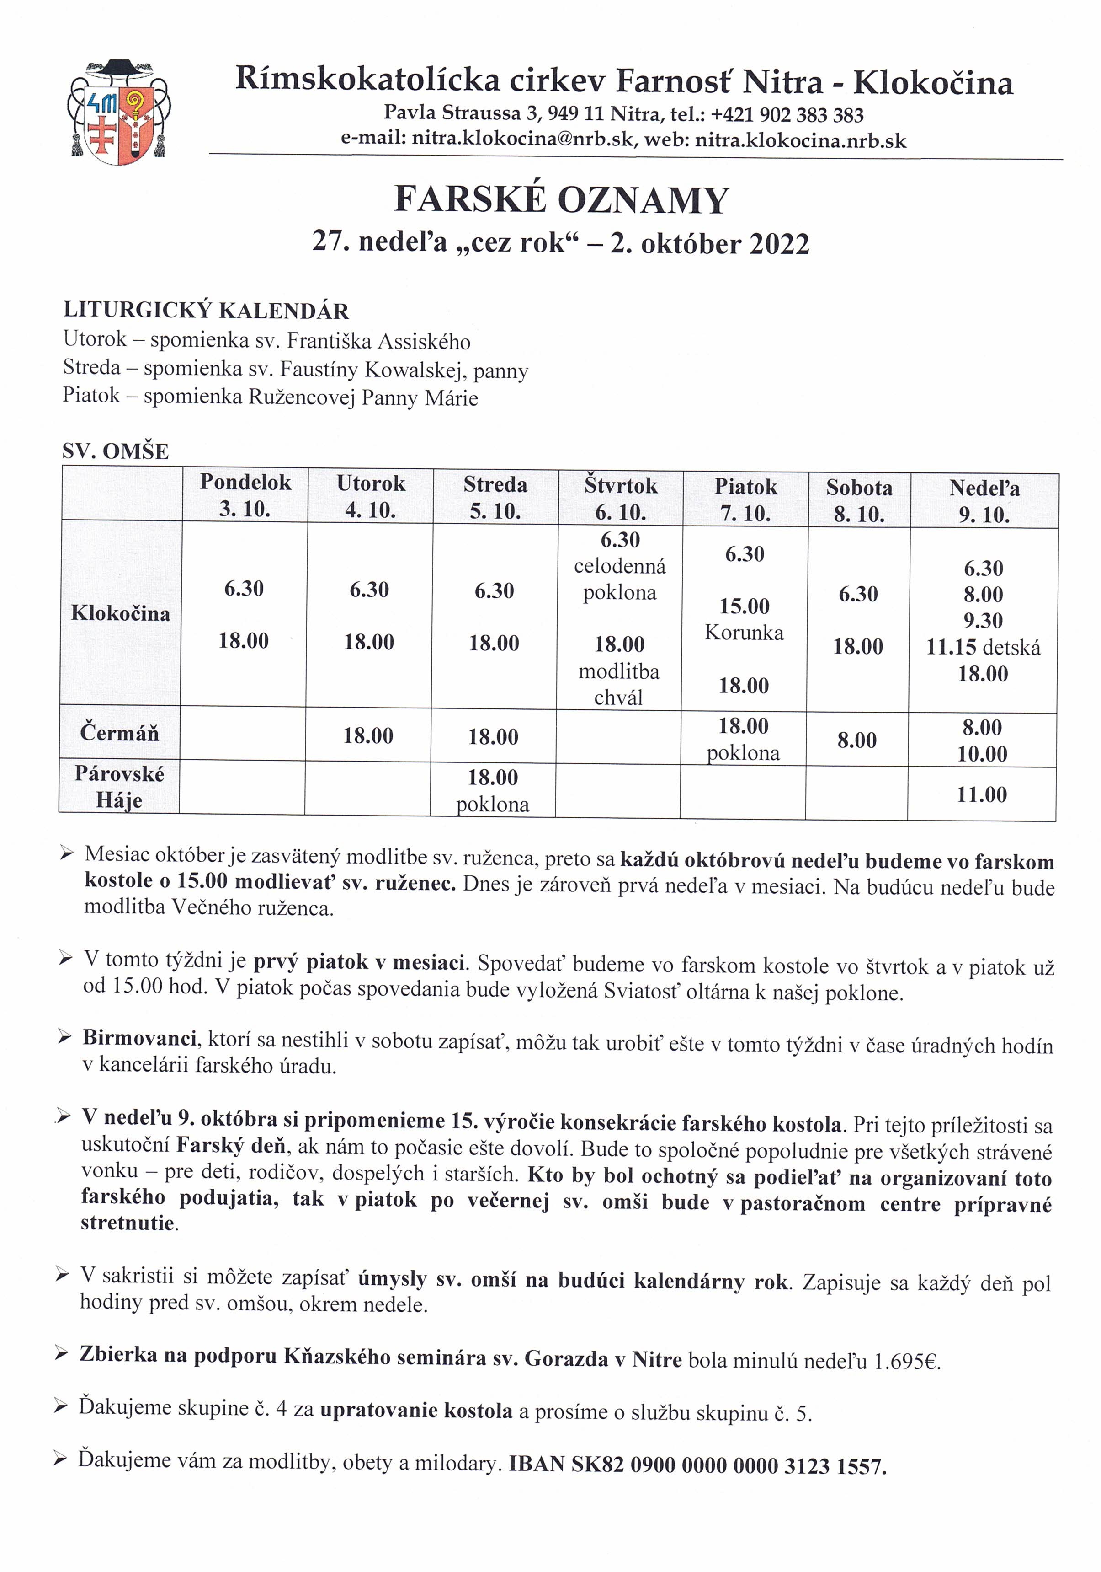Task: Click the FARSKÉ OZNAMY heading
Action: pos(561,201)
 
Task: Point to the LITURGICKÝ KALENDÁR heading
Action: pos(206,311)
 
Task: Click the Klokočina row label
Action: pos(121,613)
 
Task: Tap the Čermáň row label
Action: pos(119,733)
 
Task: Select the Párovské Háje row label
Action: pos(119,787)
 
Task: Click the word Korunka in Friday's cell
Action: pos(744,633)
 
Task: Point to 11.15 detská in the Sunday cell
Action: pos(983,648)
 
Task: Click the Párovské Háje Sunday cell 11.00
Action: pos(981,795)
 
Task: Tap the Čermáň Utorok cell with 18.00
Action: pos(368,736)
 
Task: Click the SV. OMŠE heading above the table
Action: pos(116,452)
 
